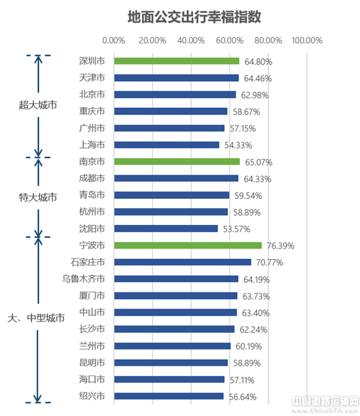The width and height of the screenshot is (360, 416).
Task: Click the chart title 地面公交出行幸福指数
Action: coord(194,17)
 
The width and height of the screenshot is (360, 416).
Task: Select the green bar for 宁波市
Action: coord(188,245)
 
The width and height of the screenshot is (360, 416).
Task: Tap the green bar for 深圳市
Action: coord(177,61)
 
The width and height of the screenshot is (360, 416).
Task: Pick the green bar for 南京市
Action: coord(177,162)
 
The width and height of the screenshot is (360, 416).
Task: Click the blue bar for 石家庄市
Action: coord(183,262)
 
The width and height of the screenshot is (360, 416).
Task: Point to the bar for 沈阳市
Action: coord(166,229)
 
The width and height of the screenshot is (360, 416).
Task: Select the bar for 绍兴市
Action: coord(169,396)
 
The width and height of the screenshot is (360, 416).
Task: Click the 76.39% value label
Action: coord(281,246)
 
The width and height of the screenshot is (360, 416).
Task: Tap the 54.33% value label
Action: coord(238,145)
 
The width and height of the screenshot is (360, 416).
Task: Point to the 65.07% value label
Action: coord(259,162)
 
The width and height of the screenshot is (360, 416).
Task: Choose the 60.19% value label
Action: coord(249,346)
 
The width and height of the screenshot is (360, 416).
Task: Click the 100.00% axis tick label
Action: coord(307,41)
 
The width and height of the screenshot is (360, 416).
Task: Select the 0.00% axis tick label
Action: coord(114,41)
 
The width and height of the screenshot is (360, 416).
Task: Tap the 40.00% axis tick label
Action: coord(191,41)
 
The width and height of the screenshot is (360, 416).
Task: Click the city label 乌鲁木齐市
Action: coord(83,279)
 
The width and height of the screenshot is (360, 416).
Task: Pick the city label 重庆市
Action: coord(92,111)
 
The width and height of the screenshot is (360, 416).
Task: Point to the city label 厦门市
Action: coord(92,296)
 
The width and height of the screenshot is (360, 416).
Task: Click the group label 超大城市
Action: coord(38,105)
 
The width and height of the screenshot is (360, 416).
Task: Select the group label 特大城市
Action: coord(38,198)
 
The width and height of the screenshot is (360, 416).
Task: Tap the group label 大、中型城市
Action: coord(36,318)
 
